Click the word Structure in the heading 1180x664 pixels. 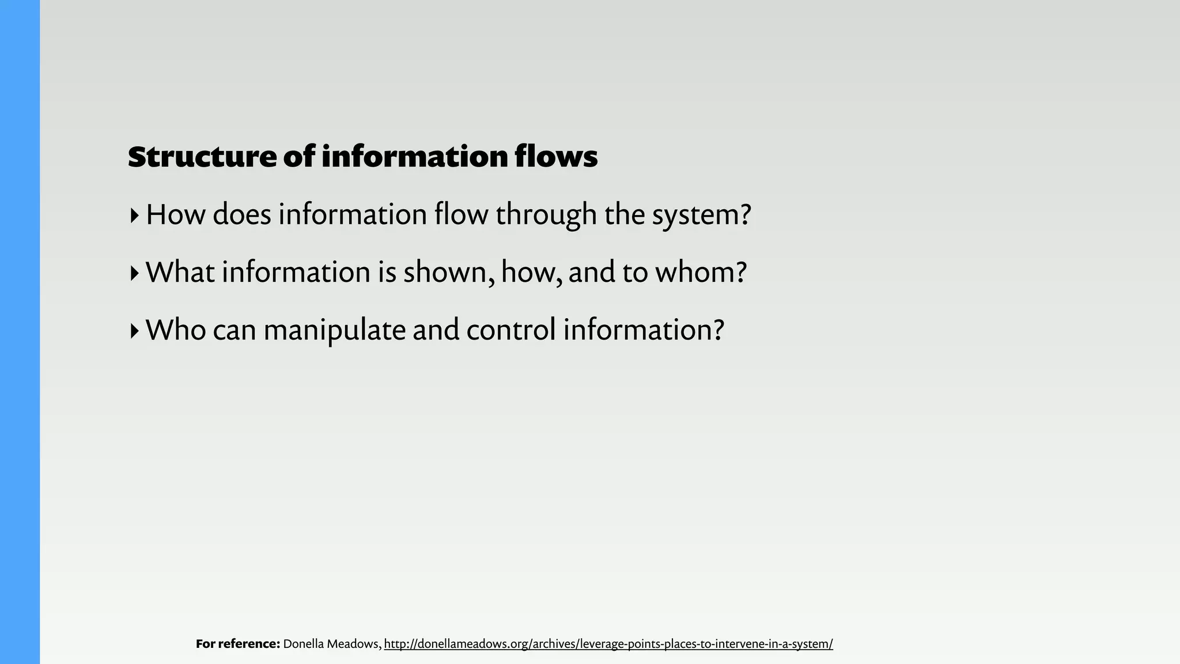202,157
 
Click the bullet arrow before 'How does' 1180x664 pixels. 134,216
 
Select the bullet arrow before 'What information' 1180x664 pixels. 134,273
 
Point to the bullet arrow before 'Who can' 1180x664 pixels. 134,331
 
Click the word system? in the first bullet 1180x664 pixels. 702,216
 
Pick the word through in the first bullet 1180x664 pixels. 546,216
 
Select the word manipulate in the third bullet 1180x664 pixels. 334,331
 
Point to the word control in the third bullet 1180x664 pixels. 511,330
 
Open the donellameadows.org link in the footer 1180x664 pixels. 608,644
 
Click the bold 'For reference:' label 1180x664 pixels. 238,644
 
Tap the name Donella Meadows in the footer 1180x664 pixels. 332,644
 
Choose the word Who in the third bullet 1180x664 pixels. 176,330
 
